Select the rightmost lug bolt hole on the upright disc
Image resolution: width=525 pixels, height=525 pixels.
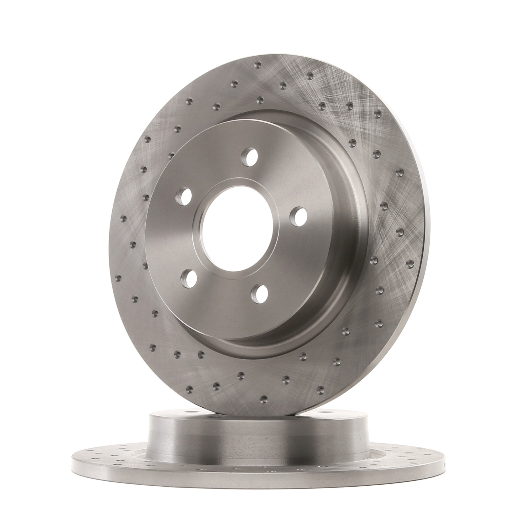(298, 216)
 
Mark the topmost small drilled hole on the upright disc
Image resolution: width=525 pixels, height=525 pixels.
(258, 65)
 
